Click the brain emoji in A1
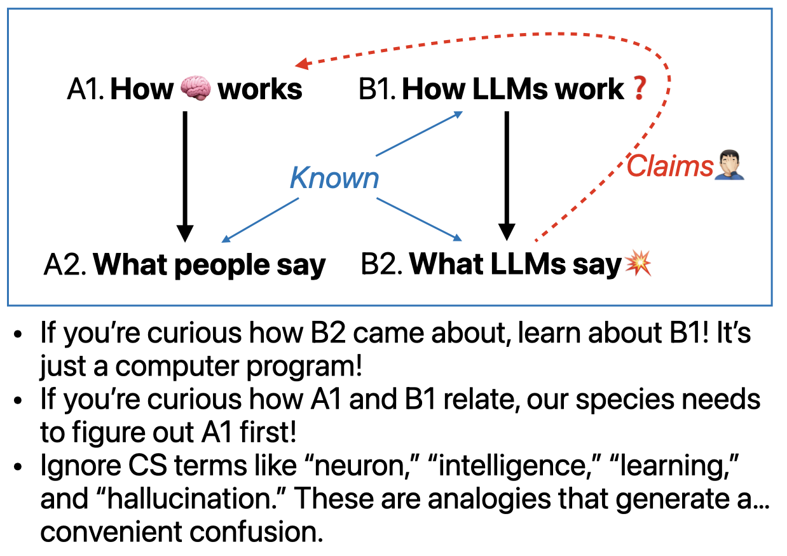[x=196, y=88]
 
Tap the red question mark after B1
[x=640, y=88]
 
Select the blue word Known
[x=334, y=178]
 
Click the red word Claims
[x=670, y=166]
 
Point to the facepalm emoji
[x=730, y=165]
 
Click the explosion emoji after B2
[x=638, y=264]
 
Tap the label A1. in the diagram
[x=85, y=89]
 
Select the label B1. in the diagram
[x=378, y=89]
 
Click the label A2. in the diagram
[x=65, y=264]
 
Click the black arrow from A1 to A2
[x=185, y=177]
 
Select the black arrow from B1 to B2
[x=507, y=176]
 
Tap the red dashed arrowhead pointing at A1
[x=302, y=64]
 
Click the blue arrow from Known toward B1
[x=420, y=133]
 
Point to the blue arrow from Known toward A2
[x=260, y=220]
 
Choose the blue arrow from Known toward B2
[x=420, y=219]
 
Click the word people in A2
[x=222, y=265]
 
